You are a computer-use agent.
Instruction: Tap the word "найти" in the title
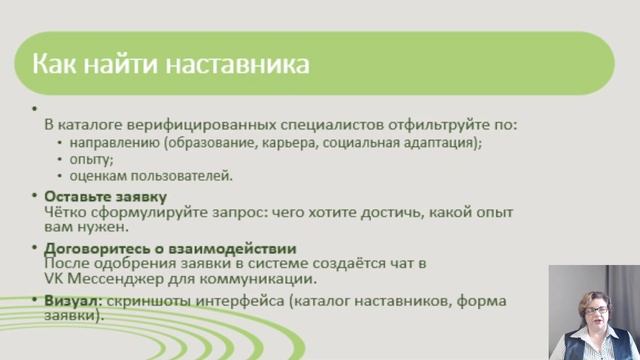(x=130, y=64)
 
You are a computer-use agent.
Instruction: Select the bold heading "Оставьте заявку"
(x=105, y=196)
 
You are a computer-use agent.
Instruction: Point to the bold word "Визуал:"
(x=74, y=299)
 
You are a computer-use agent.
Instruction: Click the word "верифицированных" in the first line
(x=200, y=126)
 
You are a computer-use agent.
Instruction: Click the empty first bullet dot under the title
(x=35, y=108)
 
